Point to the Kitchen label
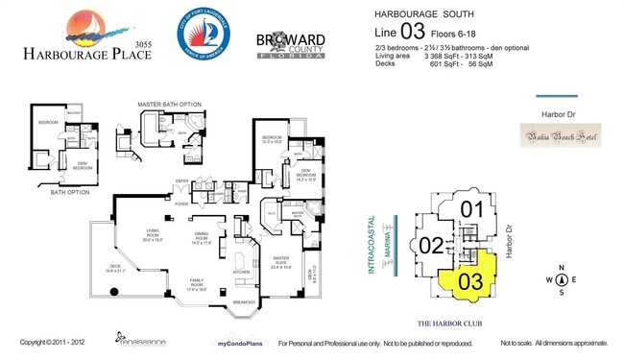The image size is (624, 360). (x=242, y=271)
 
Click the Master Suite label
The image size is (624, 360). (x=282, y=259)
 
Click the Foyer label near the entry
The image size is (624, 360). (x=181, y=204)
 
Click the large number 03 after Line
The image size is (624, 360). (x=418, y=33)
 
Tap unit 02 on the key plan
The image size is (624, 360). (x=432, y=244)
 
